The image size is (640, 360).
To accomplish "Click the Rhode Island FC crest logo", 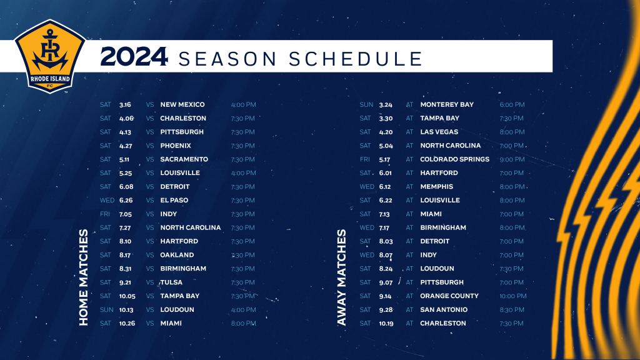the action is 50,56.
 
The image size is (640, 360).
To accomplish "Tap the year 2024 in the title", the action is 134,57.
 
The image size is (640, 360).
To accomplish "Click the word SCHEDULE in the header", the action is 356,59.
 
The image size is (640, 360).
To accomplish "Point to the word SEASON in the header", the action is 228,59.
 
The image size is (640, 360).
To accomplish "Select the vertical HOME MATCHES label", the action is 84,277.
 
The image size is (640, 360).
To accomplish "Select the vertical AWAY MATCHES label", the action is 342,277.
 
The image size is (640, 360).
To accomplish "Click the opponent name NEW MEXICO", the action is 182,104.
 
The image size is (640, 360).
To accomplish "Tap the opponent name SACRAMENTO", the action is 184,159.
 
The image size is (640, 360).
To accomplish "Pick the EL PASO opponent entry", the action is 174,201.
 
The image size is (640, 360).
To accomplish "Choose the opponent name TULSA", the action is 171,282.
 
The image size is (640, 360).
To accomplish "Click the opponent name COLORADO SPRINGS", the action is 455,159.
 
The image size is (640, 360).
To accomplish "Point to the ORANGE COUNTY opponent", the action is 449,296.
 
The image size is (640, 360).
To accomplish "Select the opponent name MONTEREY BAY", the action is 447,104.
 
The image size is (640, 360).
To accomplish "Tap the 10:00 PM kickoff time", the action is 513,296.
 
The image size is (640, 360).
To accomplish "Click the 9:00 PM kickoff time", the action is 512,159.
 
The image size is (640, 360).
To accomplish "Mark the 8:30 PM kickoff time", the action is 512,310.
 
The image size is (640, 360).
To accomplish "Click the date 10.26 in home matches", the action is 127,323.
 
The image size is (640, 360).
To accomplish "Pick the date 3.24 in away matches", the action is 386,105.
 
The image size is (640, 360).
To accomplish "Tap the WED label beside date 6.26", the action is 107,201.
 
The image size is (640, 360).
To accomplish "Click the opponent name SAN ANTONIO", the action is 444,310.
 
